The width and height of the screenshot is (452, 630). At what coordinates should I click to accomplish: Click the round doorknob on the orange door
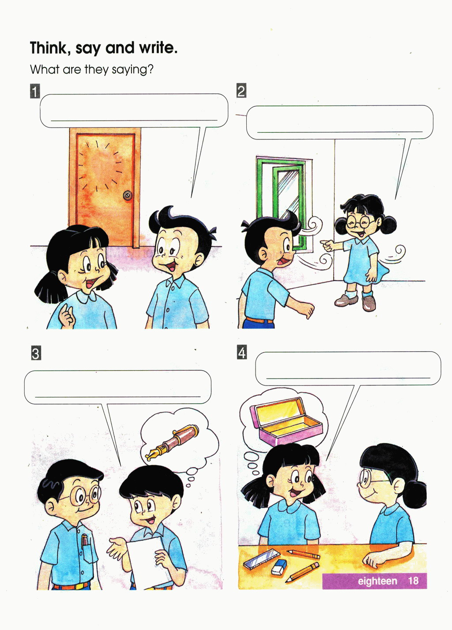coord(128,195)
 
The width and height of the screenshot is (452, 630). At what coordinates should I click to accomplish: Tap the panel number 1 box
coord(35,91)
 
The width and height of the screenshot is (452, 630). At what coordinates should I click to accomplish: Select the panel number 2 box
coord(241,90)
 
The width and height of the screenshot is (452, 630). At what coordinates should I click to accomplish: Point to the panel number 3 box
coord(36,353)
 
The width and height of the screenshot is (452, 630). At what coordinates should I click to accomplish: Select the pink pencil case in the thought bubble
coord(286,420)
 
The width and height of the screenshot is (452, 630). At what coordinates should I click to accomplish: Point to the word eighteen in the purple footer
coord(377,581)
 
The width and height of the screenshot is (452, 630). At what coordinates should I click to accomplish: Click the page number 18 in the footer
coord(413,581)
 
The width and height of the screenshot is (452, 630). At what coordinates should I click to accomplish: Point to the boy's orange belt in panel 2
coord(259,320)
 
